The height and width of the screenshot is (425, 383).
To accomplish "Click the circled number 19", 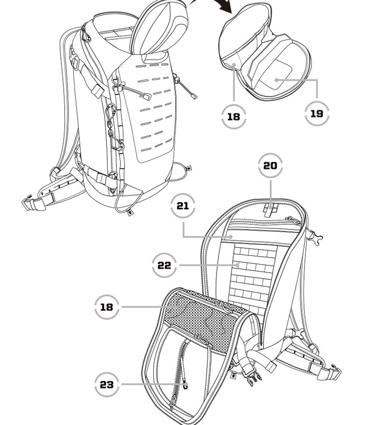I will (x=317, y=113).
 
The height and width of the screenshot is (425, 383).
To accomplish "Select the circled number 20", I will (x=271, y=166).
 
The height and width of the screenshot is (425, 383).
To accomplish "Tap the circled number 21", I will (x=183, y=206).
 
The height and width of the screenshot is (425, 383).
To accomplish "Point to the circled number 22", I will (x=164, y=266).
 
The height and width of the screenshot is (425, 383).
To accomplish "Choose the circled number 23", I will (x=107, y=384).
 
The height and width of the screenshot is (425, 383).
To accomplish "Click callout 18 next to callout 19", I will (x=233, y=116).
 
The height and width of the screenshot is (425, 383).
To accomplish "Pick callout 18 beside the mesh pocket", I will (x=106, y=307).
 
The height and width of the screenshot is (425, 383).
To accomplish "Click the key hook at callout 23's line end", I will (x=185, y=386).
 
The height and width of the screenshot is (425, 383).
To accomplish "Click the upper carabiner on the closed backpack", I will (x=110, y=115).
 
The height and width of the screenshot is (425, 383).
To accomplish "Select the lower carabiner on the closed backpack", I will (x=118, y=145).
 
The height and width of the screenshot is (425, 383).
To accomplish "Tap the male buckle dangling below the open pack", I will (x=252, y=379).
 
